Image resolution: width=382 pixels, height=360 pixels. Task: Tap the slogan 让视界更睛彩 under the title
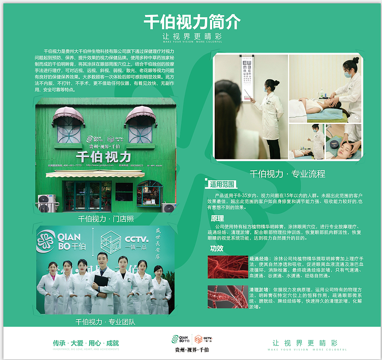[192, 36]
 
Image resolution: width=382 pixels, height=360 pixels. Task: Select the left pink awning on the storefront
[68, 115]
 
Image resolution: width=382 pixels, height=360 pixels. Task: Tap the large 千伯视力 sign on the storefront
[103, 157]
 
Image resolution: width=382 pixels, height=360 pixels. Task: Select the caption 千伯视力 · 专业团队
[105, 322]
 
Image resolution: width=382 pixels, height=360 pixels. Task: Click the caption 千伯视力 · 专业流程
[287, 173]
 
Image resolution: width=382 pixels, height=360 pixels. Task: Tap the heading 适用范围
[223, 184]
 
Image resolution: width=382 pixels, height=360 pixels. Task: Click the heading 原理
[217, 219]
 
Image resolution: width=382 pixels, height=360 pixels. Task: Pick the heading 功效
[217, 248]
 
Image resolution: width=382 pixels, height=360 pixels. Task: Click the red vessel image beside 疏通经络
[227, 267]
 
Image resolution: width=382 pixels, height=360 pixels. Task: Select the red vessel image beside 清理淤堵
[227, 297]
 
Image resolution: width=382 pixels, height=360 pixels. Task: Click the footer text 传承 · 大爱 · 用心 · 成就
[86, 343]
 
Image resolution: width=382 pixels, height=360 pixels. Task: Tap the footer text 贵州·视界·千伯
[192, 350]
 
